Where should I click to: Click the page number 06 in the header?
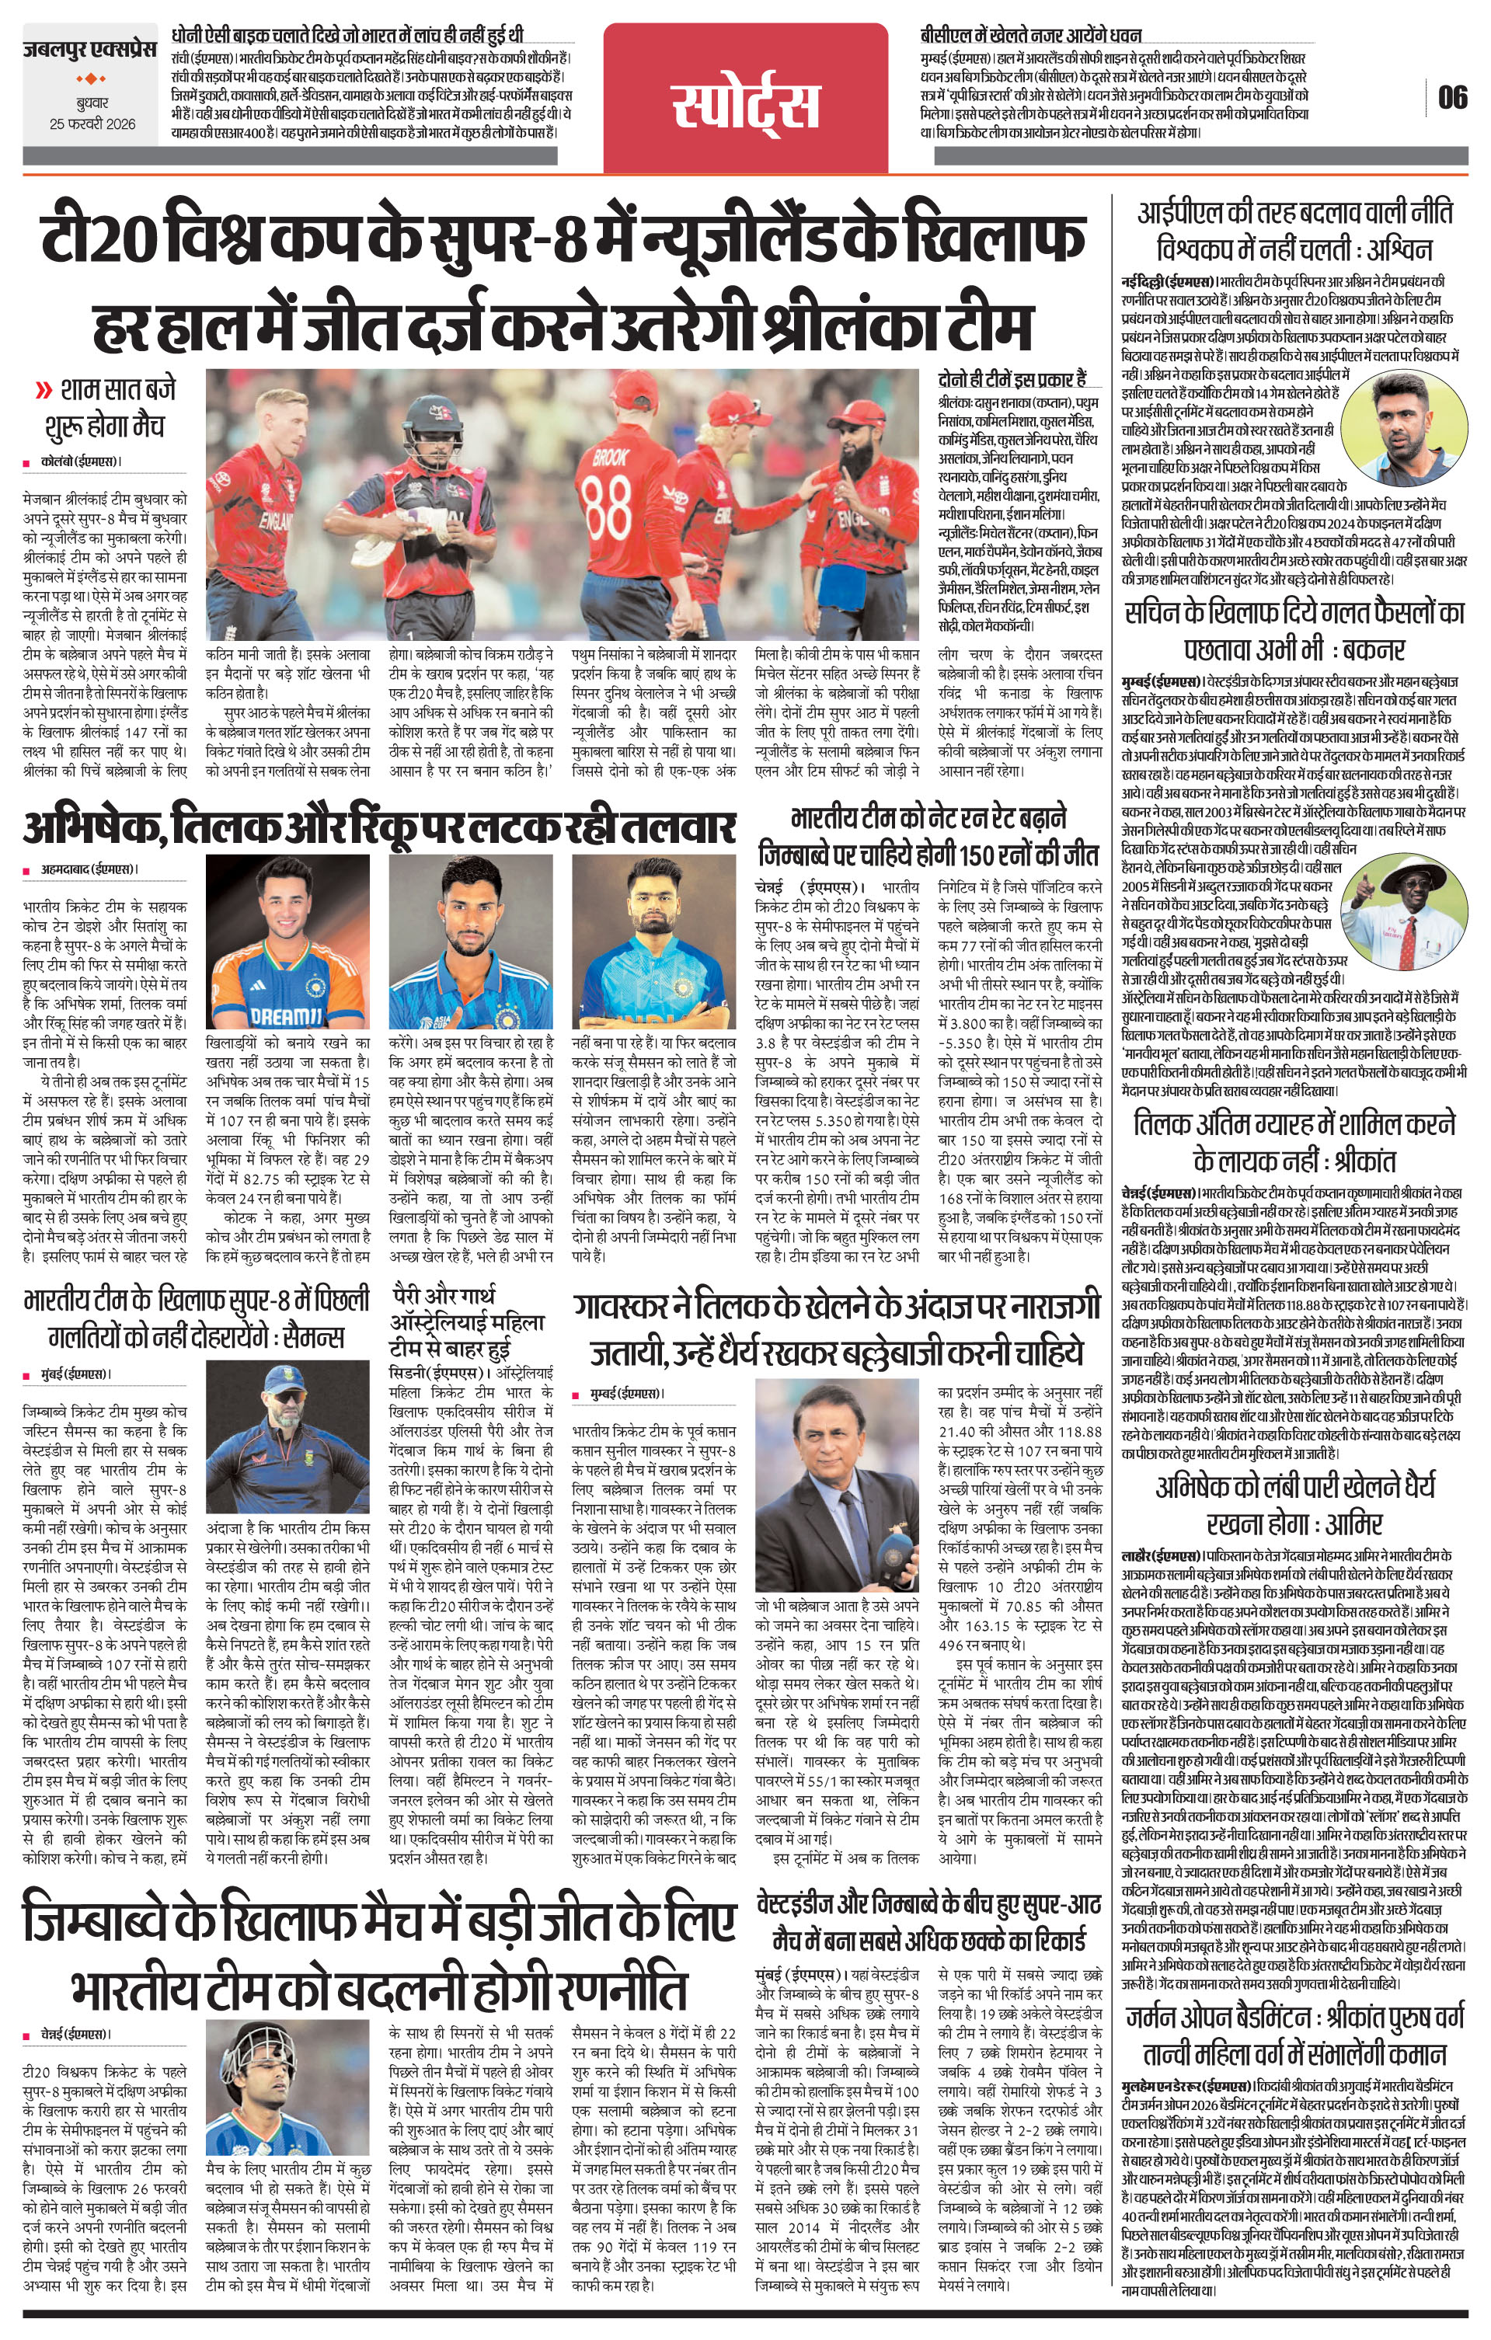click(1452, 98)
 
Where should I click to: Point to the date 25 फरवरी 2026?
click(93, 124)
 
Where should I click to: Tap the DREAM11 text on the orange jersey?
click(279, 1015)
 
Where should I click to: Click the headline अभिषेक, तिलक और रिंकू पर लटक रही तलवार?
click(377, 829)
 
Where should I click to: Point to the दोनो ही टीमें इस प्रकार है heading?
click(1012, 378)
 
